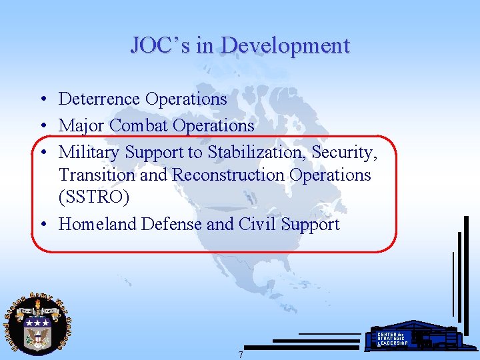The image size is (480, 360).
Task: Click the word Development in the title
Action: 285,45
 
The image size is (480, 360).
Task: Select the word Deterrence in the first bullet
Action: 99,99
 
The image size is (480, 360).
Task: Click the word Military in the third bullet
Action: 89,152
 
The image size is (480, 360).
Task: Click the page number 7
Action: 241,355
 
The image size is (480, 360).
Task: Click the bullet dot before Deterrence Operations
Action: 42,100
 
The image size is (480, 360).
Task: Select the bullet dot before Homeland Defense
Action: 42,225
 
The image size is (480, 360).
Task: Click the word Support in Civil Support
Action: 309,225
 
